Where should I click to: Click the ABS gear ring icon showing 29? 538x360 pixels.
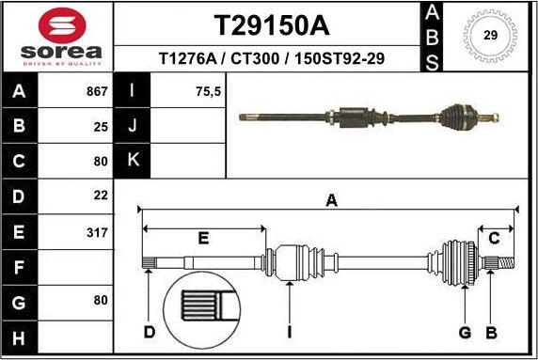[x=489, y=36]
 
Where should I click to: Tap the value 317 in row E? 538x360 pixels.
[x=97, y=229]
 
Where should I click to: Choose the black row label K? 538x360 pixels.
[x=132, y=160]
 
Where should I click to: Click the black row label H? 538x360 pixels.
[x=20, y=336]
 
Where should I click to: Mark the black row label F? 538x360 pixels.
[x=20, y=266]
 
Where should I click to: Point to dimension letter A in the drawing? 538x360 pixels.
[x=331, y=199]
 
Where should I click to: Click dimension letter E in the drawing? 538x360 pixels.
[x=203, y=239]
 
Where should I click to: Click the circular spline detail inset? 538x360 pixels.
[x=202, y=309]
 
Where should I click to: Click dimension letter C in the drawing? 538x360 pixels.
[x=493, y=238]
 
